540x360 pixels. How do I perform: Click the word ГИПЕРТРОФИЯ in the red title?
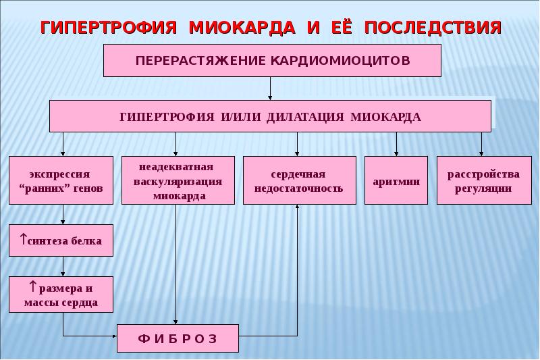(109, 28)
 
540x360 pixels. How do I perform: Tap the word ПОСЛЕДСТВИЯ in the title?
(433, 28)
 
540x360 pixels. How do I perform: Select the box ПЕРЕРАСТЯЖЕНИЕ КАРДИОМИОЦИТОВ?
(273, 60)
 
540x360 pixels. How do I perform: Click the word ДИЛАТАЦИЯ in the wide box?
(305, 117)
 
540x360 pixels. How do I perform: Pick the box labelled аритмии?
(396, 180)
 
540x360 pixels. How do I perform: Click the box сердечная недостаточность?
(300, 180)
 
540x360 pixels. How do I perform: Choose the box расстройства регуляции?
(484, 180)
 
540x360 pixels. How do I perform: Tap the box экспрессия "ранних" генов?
(61, 180)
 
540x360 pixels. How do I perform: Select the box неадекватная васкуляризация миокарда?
(178, 180)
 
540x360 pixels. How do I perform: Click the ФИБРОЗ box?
(178, 338)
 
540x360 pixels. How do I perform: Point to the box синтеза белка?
(61, 240)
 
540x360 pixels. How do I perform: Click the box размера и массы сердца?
(61, 294)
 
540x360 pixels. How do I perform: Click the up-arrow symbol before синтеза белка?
(23, 238)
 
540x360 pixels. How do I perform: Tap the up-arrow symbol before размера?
(33, 286)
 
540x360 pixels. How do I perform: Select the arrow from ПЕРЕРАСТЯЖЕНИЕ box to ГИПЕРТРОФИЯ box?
(270, 88)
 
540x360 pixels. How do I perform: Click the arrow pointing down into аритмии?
(396, 144)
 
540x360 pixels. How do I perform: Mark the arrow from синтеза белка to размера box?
(63, 266)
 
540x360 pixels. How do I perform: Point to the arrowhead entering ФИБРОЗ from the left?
(115, 336)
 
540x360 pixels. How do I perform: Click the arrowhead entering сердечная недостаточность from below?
(297, 207)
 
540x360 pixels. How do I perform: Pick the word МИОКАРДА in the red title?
(242, 28)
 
